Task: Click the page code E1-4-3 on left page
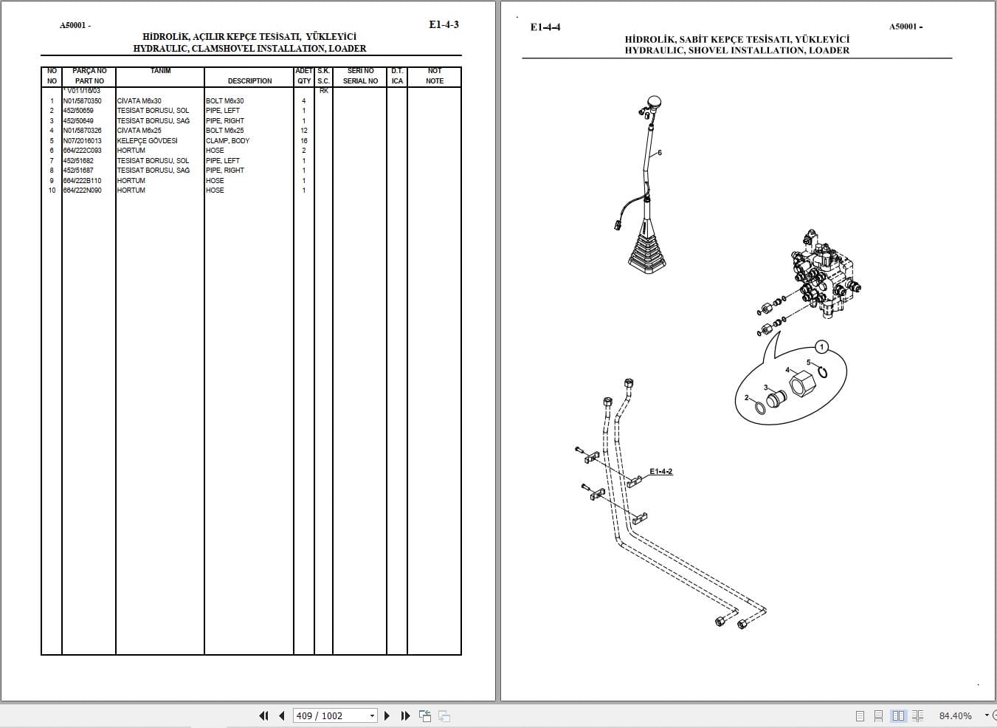(444, 24)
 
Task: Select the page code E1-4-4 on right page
(545, 27)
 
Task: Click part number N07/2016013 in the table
(83, 140)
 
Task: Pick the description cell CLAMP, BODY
(227, 140)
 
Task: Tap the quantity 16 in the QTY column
(303, 140)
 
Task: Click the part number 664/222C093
(83, 151)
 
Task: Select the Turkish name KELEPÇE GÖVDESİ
(147, 140)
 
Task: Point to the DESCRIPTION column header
(249, 80)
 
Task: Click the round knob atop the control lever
(653, 103)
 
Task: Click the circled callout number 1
(822, 346)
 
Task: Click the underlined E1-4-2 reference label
(660, 471)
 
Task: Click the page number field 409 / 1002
(331, 715)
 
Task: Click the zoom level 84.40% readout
(955, 715)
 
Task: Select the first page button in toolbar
(263, 715)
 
